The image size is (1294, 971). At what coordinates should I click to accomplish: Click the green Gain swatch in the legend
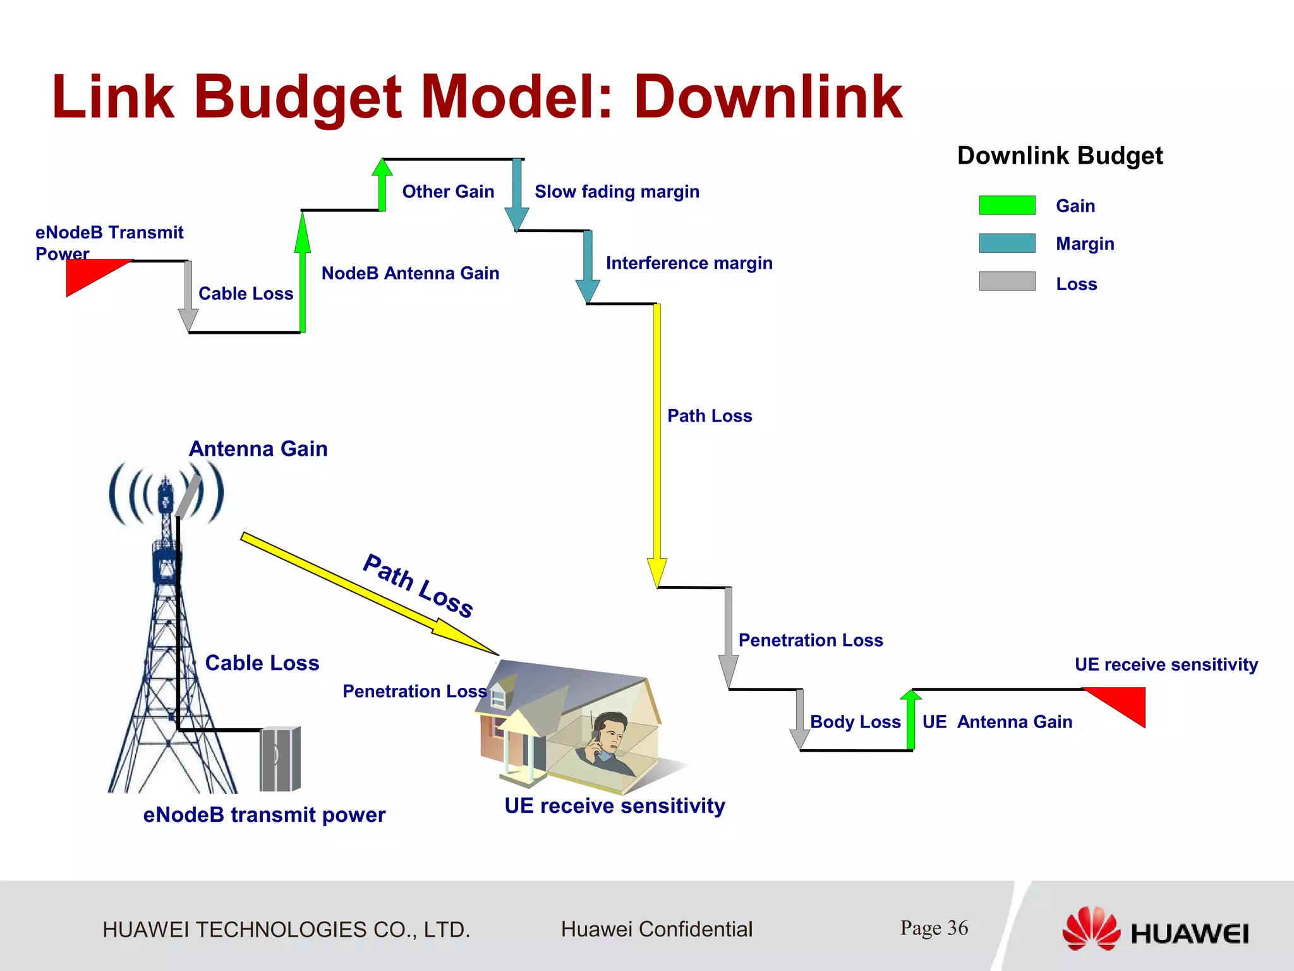pos(1007,205)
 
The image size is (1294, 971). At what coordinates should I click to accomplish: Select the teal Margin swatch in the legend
pos(1007,243)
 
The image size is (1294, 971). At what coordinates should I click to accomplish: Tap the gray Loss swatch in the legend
pos(1007,281)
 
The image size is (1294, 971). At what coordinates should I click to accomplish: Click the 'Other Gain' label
pos(448,192)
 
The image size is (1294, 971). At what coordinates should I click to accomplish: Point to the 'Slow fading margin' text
pos(617,192)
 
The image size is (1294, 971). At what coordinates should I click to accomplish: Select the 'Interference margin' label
pos(689,263)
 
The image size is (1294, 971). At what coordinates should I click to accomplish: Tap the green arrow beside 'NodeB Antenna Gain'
pos(303,272)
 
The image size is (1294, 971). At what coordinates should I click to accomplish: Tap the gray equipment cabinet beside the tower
pos(280,759)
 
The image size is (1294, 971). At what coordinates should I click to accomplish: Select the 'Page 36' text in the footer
pos(934,928)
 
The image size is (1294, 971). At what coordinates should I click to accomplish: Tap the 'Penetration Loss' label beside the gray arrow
pos(811,640)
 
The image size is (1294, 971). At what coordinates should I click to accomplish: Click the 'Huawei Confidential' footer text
pos(656,929)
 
